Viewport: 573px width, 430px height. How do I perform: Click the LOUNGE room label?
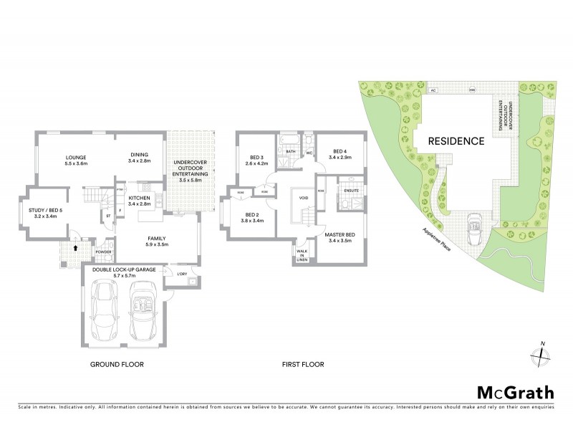click(x=76, y=160)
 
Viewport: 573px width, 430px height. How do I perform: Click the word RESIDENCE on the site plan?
click(x=456, y=141)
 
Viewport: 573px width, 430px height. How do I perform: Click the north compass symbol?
click(x=542, y=354)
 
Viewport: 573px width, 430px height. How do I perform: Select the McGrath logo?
click(x=515, y=392)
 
